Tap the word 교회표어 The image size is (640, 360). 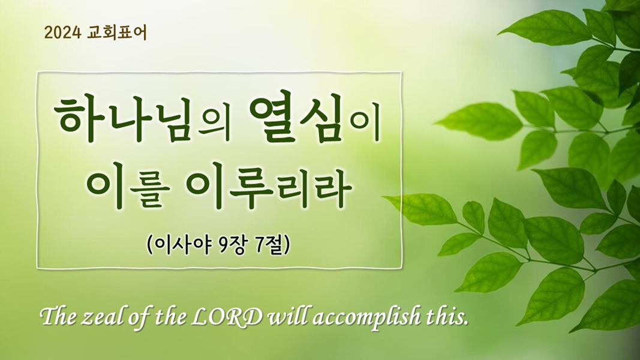(117, 32)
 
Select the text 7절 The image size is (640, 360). (268, 245)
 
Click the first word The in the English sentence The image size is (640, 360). (59, 317)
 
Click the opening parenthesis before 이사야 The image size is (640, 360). (149, 245)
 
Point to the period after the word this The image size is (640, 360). (465, 325)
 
